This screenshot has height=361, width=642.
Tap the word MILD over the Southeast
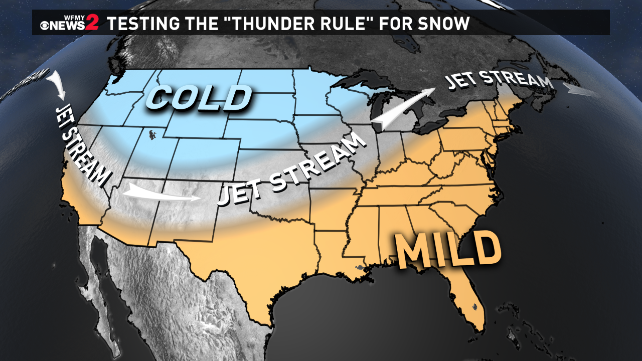tap(448, 249)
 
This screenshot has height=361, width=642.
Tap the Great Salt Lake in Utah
tap(150, 133)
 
